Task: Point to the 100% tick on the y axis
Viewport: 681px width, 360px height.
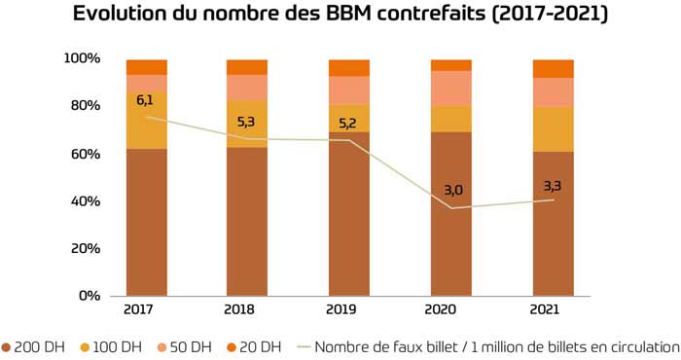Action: [82, 58]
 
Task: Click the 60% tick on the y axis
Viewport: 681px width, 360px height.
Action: [85, 154]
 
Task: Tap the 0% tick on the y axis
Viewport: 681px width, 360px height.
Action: [90, 296]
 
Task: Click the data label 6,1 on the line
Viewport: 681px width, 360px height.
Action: [146, 100]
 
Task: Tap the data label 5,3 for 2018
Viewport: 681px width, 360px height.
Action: [247, 122]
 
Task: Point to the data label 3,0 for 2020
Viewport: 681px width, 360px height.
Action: [450, 191]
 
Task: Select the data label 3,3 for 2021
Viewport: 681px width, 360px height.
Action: [553, 184]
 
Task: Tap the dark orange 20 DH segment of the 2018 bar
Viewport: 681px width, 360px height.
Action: [247, 66]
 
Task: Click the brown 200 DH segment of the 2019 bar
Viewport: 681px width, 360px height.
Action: [348, 214]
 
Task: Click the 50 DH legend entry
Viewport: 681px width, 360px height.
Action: [184, 346]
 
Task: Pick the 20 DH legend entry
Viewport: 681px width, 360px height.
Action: [254, 346]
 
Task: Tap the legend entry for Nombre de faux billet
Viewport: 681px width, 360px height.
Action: [486, 346]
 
